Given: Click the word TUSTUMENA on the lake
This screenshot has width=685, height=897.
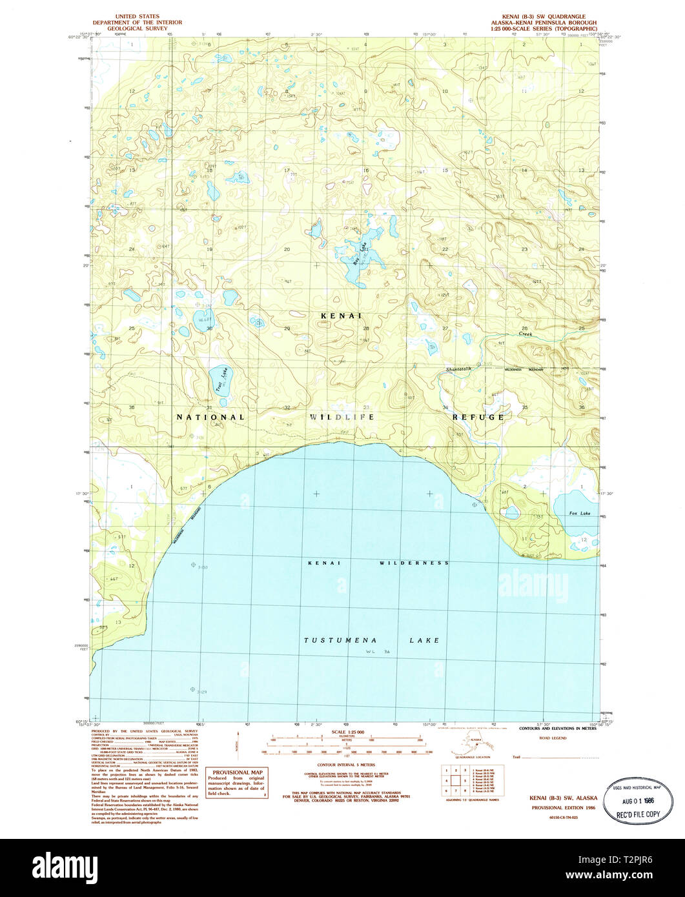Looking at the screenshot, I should (335, 640).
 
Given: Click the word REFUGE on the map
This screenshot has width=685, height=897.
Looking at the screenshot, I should (478, 417).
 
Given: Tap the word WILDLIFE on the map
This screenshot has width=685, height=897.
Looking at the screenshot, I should (342, 417).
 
